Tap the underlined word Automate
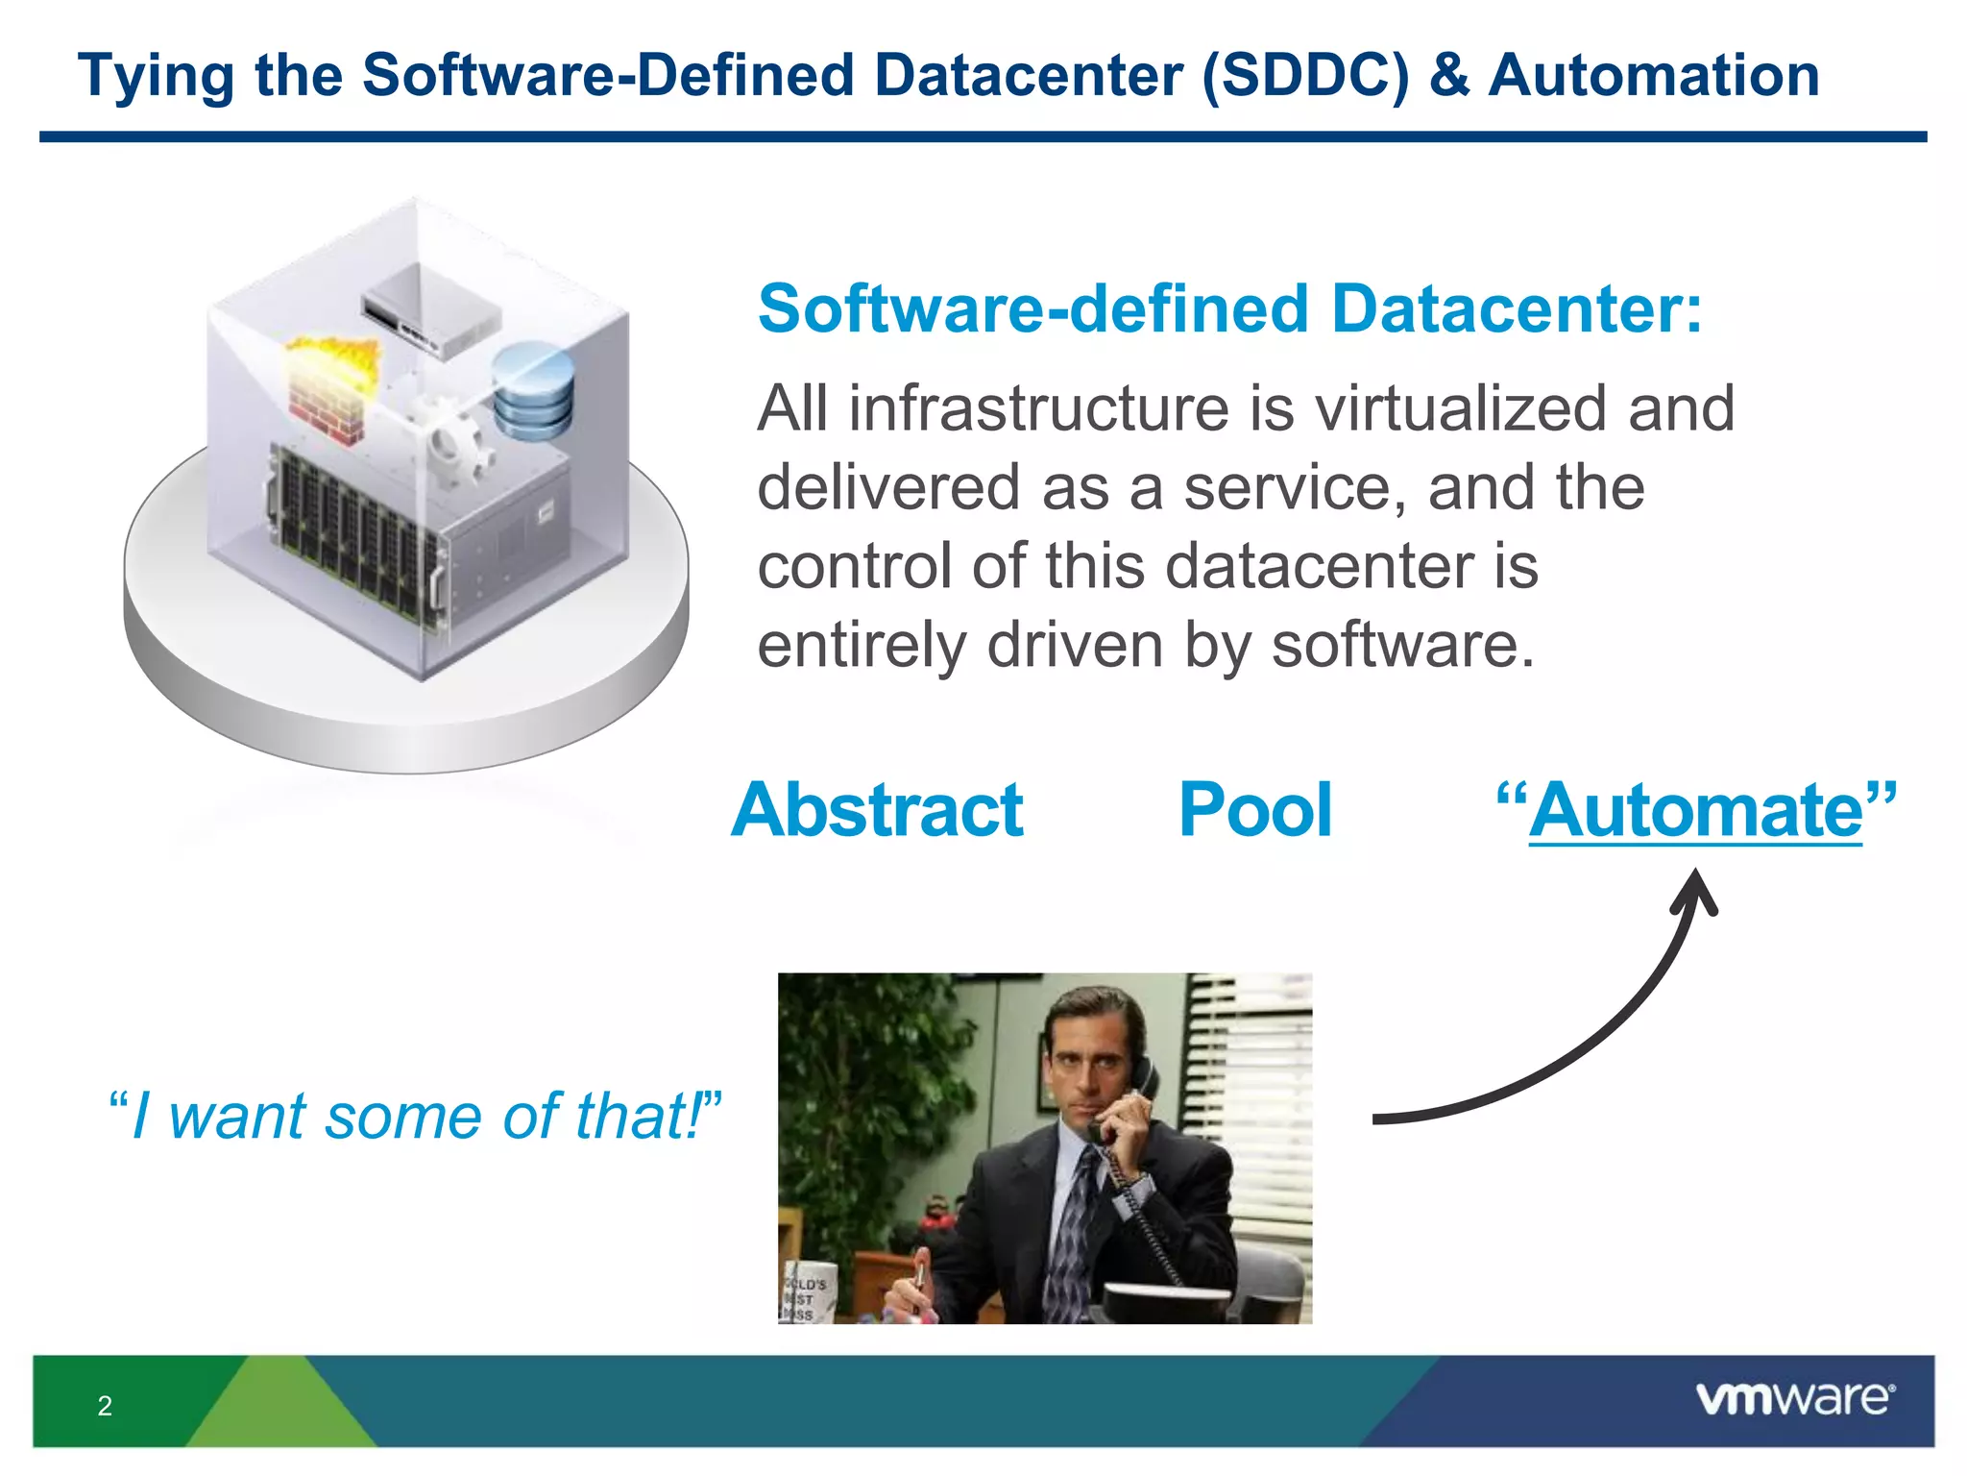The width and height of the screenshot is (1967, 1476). coord(1695,812)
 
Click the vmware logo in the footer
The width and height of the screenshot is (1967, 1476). coord(1794,1398)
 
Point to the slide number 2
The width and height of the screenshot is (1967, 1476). coord(105,1406)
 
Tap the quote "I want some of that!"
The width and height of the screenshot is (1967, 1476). coord(415,1117)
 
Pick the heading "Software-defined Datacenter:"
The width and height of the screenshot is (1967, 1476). coord(1230,308)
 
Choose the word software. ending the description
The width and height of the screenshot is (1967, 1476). coord(1403,645)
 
